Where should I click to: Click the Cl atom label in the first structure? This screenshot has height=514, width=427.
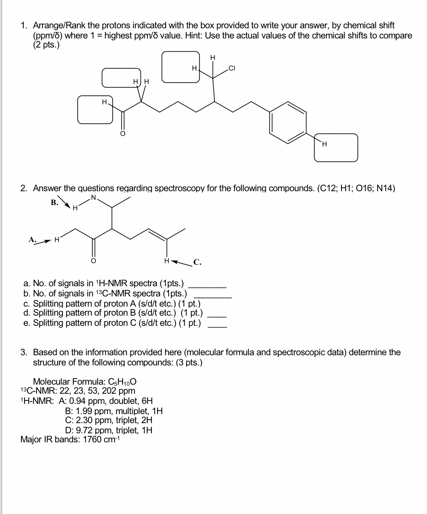click(x=232, y=68)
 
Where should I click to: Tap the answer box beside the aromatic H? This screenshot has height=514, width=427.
click(x=336, y=147)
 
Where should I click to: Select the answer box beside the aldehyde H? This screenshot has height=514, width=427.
click(x=95, y=109)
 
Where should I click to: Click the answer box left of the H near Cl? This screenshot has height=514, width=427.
click(x=181, y=67)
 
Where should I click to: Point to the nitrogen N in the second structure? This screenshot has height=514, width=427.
click(x=94, y=198)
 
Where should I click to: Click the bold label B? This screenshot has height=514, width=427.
click(x=55, y=202)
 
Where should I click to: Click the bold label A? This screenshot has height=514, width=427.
click(x=32, y=239)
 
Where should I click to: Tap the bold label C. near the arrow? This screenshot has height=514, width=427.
click(x=197, y=262)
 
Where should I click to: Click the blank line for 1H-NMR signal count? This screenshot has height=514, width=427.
click(x=209, y=287)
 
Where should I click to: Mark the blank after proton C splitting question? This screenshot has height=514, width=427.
click(x=217, y=326)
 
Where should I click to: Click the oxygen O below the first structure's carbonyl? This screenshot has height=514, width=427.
click(x=122, y=133)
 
